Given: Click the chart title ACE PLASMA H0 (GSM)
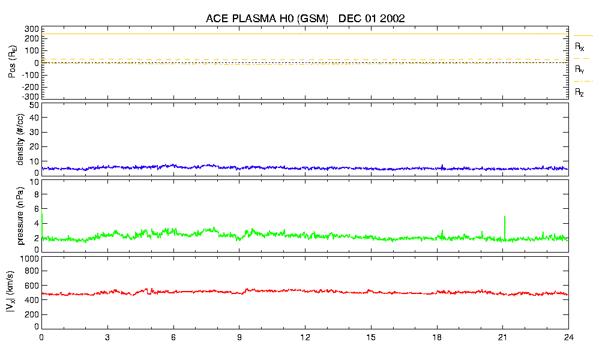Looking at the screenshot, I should [267, 19].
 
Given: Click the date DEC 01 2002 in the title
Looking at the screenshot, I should [372, 19].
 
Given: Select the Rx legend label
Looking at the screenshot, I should [579, 46].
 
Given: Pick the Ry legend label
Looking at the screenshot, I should [579, 70].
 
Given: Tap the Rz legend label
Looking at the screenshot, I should [579, 92].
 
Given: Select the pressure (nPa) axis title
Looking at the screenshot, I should [20, 214].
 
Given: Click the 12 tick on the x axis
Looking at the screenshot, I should [305, 337].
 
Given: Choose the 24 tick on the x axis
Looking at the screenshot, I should [568, 337].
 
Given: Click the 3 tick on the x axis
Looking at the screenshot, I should [107, 337].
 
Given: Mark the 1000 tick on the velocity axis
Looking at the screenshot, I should [28, 259].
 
